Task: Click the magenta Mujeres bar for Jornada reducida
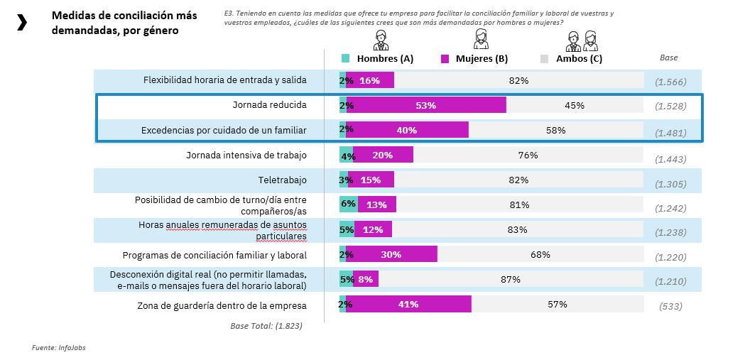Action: point(426,105)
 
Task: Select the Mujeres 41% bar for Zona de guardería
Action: point(408,305)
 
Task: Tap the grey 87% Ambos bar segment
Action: point(511,279)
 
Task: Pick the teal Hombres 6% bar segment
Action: point(348,204)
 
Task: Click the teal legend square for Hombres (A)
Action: point(346,58)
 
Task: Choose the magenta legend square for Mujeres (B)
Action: point(445,58)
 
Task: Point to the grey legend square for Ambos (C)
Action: point(545,58)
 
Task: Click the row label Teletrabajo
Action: point(283,180)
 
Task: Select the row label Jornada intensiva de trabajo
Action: point(246,155)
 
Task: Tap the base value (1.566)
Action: point(670,82)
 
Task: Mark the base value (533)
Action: point(671,306)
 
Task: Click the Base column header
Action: point(669,58)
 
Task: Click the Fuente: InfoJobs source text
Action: point(59,348)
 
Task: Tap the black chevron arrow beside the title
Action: point(22,23)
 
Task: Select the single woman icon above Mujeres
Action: point(481,40)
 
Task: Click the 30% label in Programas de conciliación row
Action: point(391,254)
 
